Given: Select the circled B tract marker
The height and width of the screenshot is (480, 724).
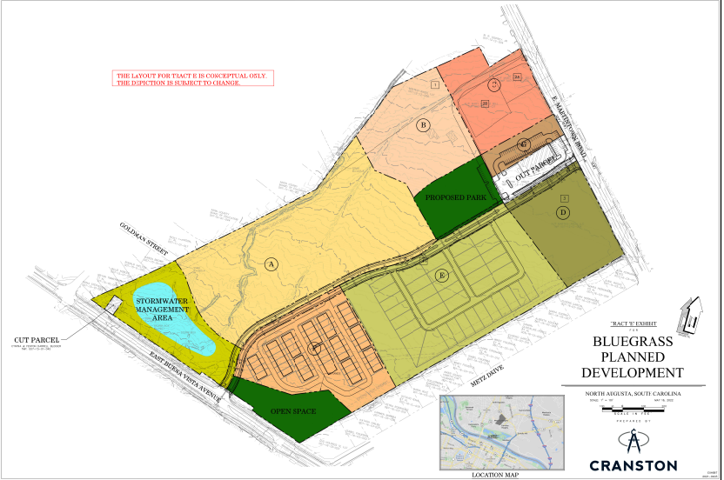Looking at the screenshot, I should [424, 125].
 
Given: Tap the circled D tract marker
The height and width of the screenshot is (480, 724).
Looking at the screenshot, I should [563, 212].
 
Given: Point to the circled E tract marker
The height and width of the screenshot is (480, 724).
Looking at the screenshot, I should [442, 276].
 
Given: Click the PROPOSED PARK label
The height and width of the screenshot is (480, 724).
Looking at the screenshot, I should [454, 198].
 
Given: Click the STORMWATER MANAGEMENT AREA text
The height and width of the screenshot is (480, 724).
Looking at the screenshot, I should [162, 310].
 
